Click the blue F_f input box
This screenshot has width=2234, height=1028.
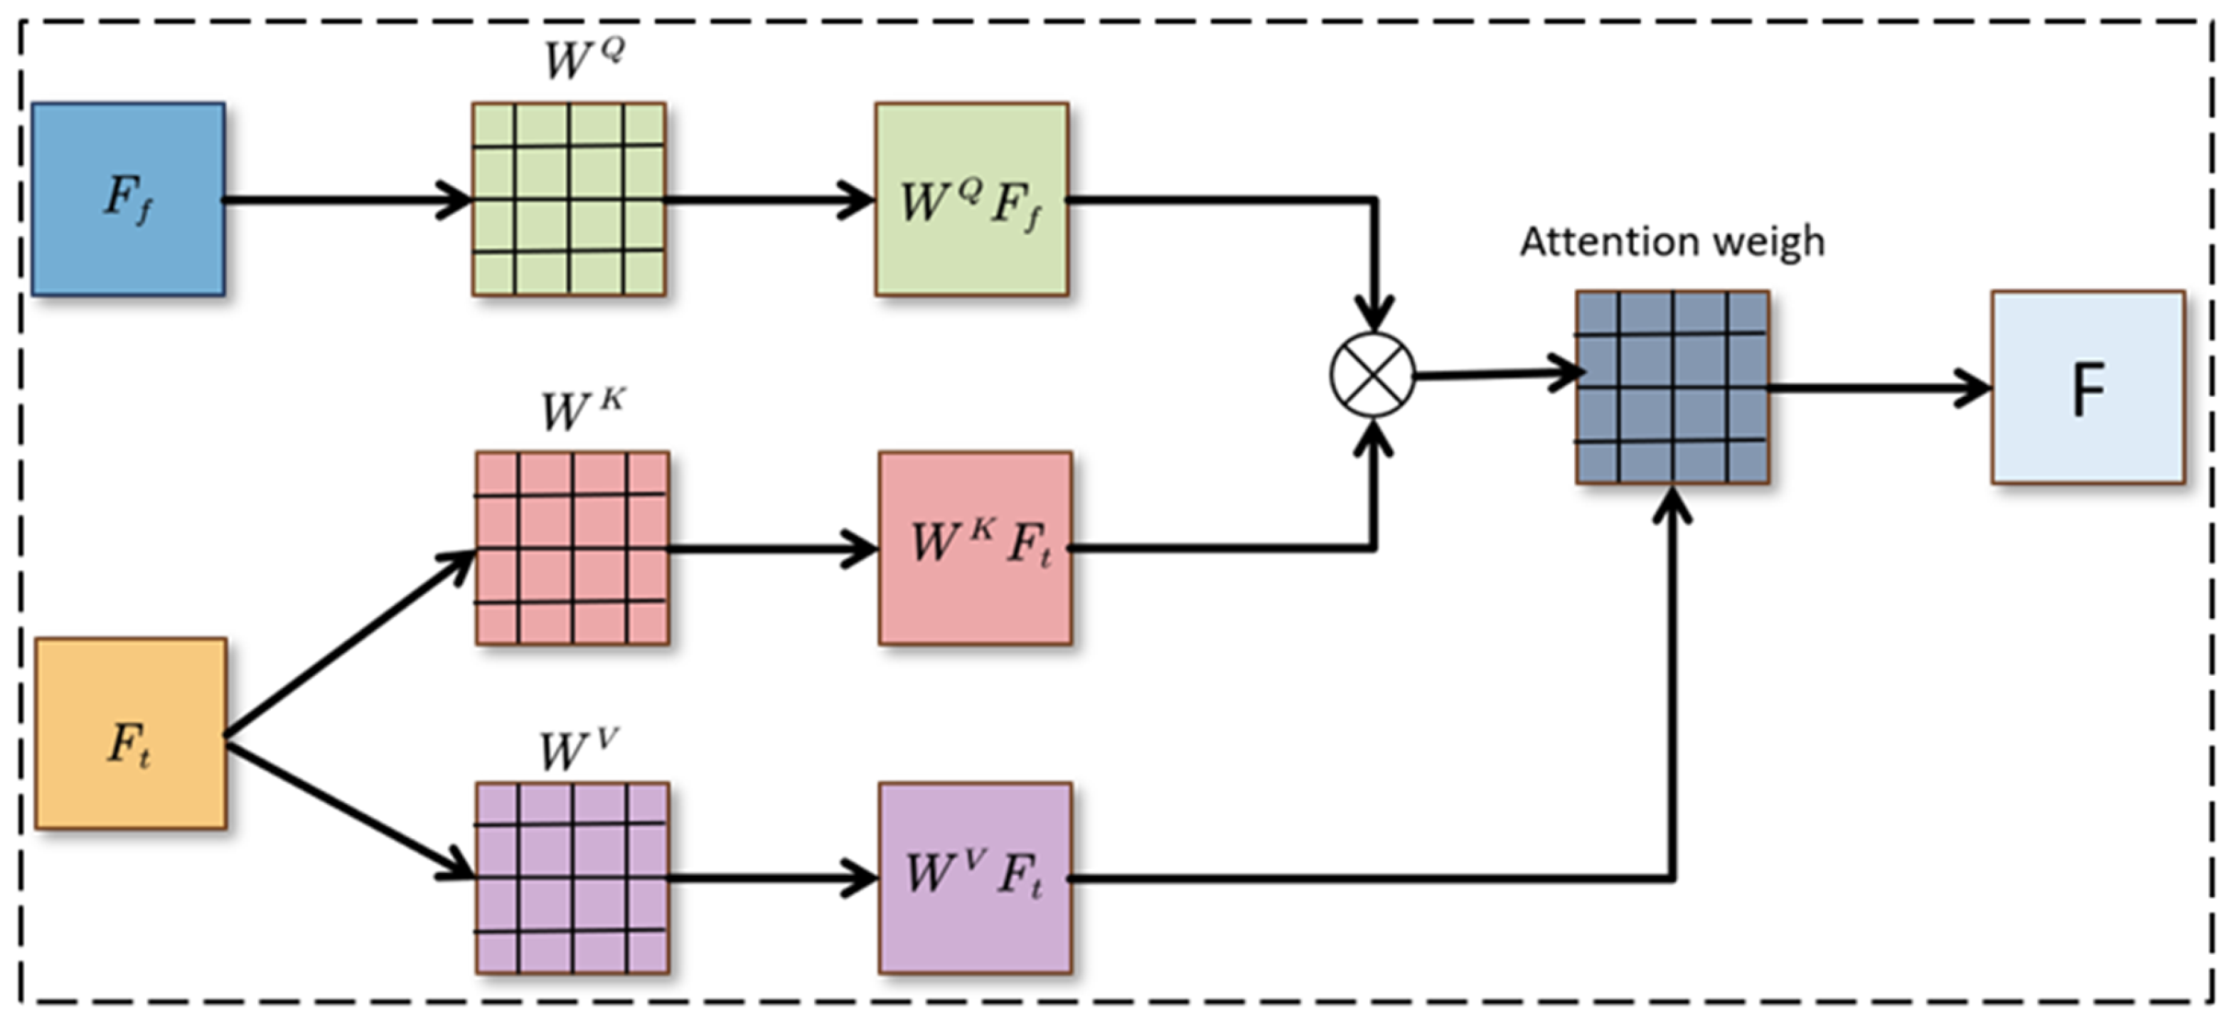pos(129,199)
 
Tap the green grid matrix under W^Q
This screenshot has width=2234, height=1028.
pos(569,199)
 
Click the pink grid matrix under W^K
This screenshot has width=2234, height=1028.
pos(572,549)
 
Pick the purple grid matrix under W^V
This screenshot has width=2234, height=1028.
pos(572,878)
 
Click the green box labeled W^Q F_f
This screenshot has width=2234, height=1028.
pos(971,199)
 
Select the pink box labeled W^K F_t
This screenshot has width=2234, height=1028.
pos(975,549)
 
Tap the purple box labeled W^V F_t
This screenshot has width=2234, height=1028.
pos(975,878)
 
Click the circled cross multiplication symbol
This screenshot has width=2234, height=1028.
pos(1373,376)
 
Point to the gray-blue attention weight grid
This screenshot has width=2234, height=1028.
pos(1672,387)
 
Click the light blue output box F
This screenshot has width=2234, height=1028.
pos(2088,387)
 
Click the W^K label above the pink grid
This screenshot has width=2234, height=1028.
pos(581,410)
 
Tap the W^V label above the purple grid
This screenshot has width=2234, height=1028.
pos(577,750)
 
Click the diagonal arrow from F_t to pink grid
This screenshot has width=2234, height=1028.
pos(347,646)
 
